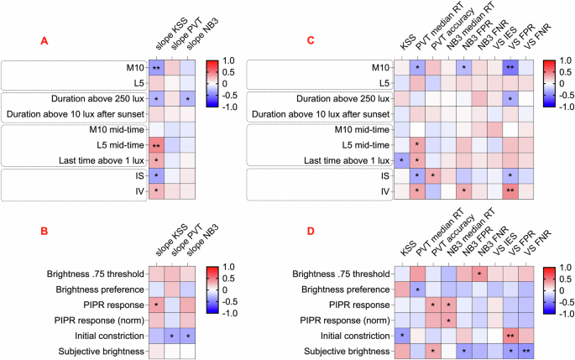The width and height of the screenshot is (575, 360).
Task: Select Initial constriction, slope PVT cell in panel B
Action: point(172,336)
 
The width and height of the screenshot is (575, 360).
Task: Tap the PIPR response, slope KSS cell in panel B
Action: point(156,304)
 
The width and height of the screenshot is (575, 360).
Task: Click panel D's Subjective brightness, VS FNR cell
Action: point(525,350)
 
